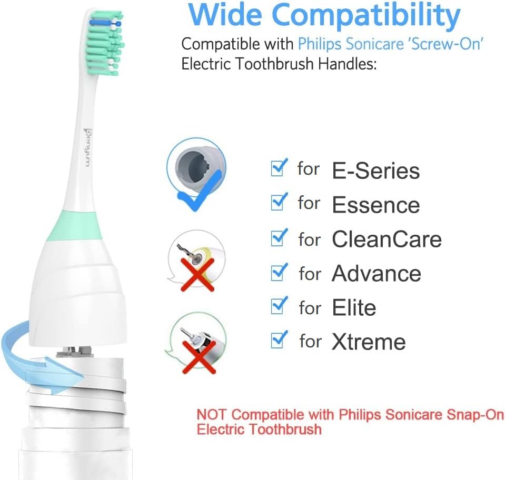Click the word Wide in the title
(225, 15)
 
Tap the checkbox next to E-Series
(279, 167)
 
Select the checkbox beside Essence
(279, 202)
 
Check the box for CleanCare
(279, 237)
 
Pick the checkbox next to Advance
(279, 272)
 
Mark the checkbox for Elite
(279, 305)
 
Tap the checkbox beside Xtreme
(279, 339)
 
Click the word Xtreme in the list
(369, 342)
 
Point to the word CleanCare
(387, 239)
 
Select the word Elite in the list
(354, 307)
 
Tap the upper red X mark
(198, 275)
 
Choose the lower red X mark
(199, 357)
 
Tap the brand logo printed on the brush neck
(87, 147)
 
